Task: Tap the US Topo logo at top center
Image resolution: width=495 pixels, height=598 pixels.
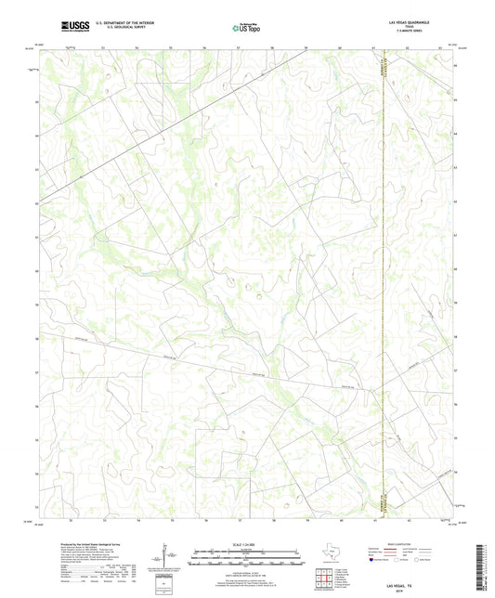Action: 240,28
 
